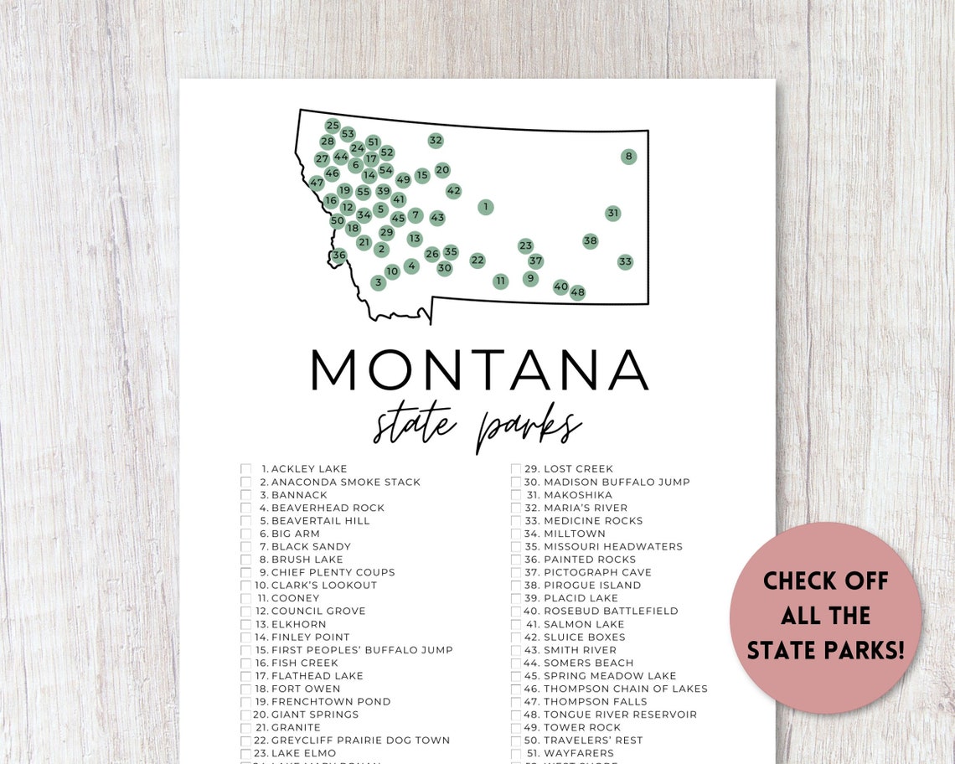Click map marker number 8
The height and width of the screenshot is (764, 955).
pos(628,156)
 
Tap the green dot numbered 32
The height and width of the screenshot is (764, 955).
pos(435,140)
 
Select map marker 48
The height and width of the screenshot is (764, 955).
pos(577,292)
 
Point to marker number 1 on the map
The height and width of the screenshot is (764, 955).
pos(485,207)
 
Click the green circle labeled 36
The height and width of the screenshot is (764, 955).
pos(338,256)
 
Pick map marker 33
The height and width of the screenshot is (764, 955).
pos(625,261)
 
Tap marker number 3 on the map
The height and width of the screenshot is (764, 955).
pos(378,282)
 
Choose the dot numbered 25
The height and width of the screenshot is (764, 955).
pos(333,126)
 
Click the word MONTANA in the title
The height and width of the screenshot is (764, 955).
pos(479,369)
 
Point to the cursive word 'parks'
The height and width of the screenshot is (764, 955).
pos(528,428)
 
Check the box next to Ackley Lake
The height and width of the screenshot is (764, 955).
pos(246,469)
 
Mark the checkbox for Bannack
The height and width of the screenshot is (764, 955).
pos(246,495)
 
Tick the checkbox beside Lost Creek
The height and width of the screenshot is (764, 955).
pos(517,469)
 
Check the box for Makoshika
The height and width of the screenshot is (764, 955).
pos(517,495)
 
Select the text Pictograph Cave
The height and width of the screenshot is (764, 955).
pos(597,572)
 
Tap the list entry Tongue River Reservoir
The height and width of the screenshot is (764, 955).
pos(620,715)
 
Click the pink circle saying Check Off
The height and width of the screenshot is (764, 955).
pos(825,617)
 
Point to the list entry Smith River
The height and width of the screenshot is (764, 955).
pos(580,650)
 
